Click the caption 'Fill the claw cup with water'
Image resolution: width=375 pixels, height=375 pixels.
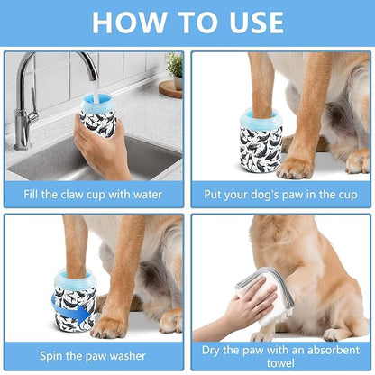coord(94,193)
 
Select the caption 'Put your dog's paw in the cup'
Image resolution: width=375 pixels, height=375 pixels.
coord(280,193)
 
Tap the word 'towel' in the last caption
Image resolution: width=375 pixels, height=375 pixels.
coord(280,361)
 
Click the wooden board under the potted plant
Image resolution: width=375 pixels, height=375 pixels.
coord(170,87)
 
